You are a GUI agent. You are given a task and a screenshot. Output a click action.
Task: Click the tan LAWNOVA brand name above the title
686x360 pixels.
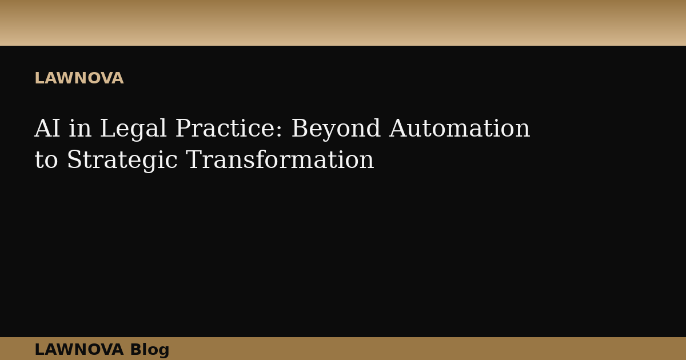79,78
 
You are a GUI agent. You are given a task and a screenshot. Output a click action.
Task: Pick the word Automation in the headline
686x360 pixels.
460,129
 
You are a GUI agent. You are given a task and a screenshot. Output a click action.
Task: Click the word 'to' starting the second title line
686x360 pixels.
46,161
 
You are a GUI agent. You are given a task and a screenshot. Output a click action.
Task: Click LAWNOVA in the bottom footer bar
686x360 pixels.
79,349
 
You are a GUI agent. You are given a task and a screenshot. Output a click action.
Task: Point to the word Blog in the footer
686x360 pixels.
150,350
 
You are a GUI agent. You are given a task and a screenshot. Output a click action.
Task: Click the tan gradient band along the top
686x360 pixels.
343,23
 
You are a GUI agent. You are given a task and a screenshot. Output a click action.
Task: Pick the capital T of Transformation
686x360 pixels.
193,160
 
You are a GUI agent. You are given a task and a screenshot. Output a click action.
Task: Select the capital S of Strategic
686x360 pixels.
73,160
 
